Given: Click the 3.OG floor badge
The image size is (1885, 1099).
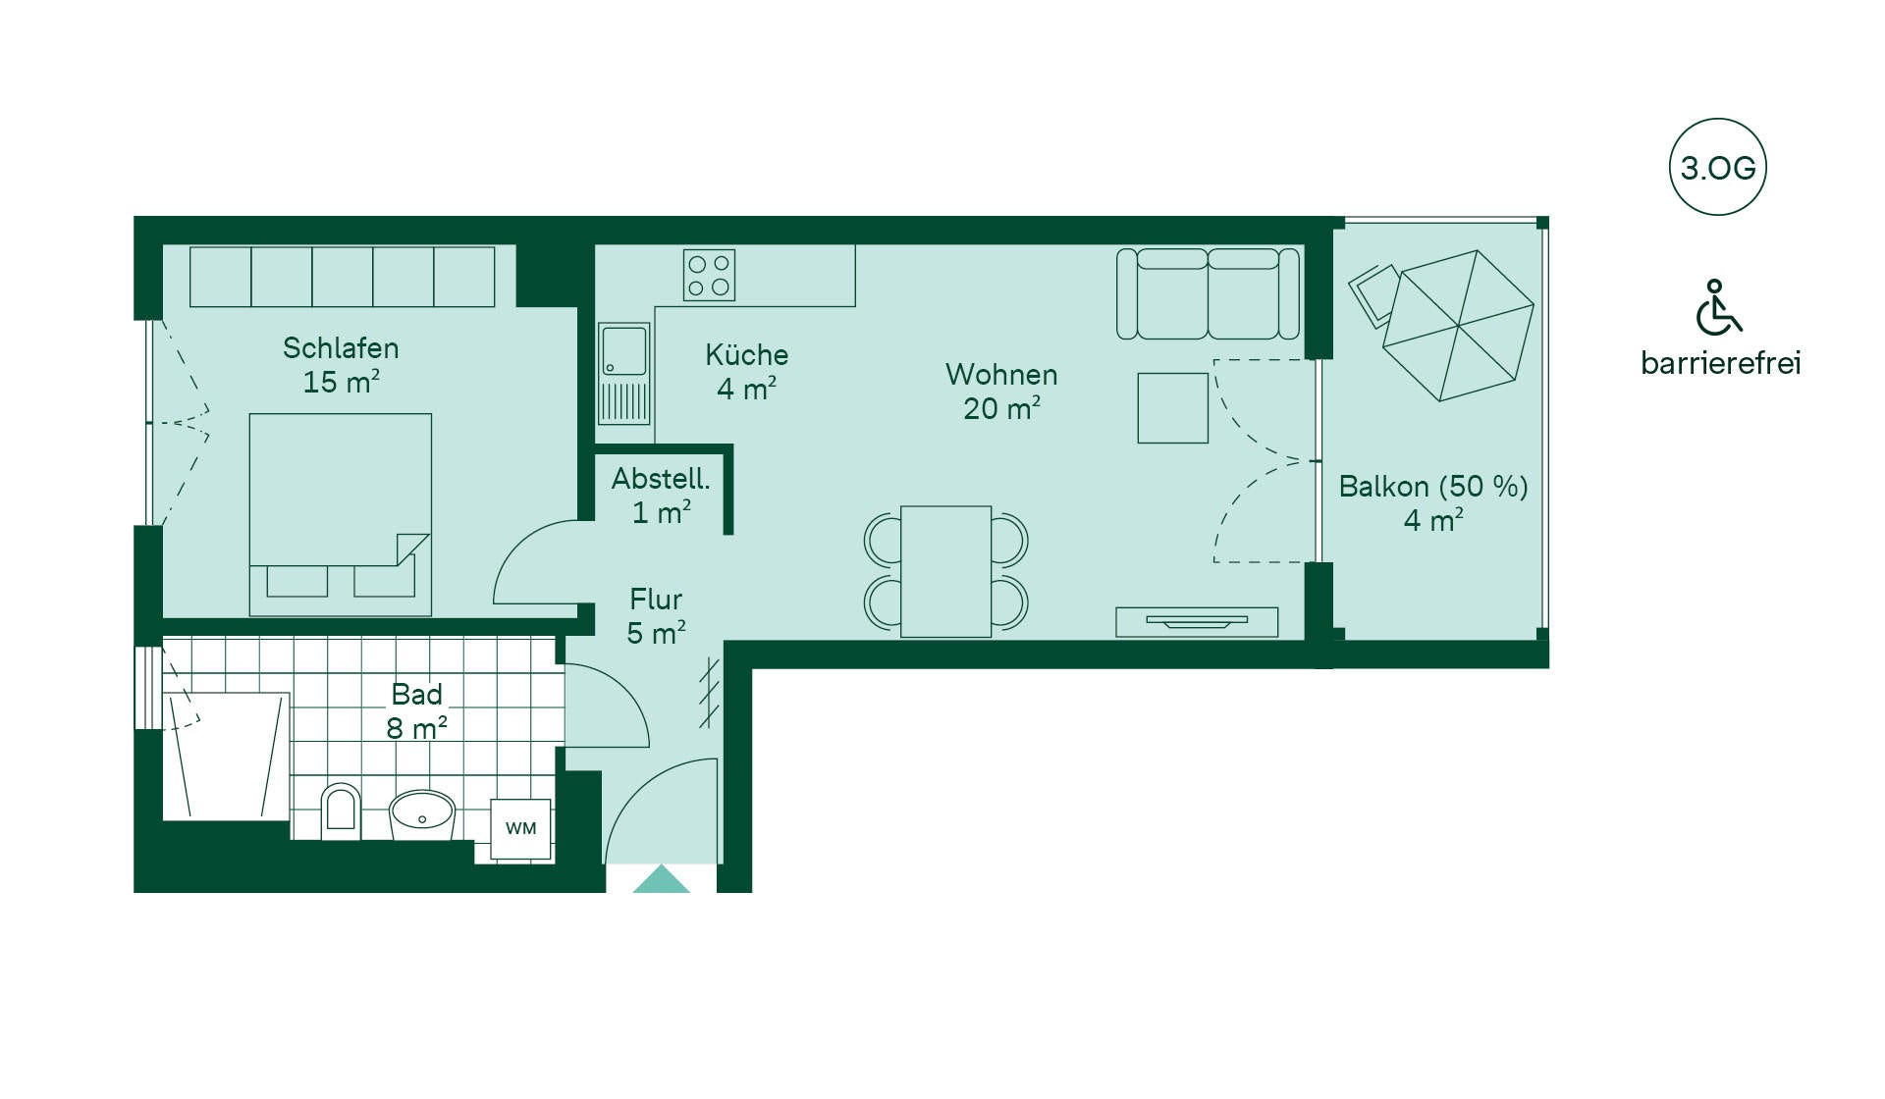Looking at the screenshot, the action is click(1717, 168).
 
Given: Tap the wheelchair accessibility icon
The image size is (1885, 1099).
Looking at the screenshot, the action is click(1718, 307).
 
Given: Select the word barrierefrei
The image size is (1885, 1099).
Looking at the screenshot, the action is click(1721, 363).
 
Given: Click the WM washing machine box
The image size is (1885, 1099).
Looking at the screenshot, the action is click(520, 829).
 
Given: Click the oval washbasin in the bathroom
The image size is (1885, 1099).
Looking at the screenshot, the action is click(422, 815).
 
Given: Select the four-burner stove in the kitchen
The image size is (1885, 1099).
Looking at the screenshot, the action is click(709, 275).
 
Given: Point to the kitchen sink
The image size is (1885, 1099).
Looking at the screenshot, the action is click(624, 374).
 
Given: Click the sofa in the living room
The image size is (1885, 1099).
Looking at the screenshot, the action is click(1208, 294).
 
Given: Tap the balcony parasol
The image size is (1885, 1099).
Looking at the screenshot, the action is click(1458, 326).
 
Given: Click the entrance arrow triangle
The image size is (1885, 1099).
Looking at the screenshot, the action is click(661, 879).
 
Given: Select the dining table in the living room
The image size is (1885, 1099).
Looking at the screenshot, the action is click(945, 571).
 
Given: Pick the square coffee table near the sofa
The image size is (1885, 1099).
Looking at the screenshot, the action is click(1173, 407).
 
